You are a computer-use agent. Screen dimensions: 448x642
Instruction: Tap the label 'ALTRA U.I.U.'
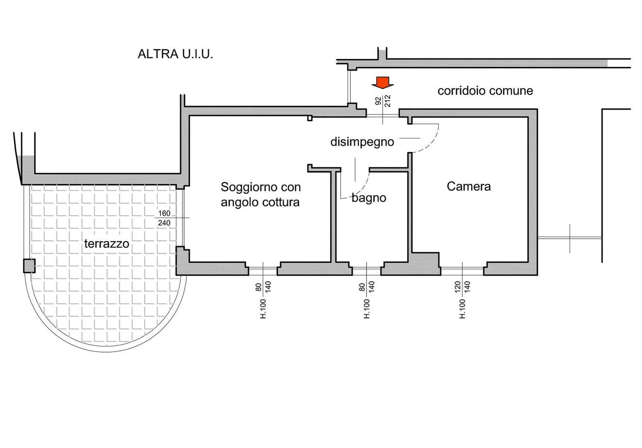pos(176,54)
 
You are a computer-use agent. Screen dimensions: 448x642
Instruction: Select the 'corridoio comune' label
pos(485,91)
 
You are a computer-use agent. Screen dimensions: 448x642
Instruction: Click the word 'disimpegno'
pos(362,142)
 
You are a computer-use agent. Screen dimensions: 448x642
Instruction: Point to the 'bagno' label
pos(369,198)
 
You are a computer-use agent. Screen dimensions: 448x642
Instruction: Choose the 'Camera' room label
pos(469,186)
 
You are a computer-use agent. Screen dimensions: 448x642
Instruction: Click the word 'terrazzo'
pos(107,243)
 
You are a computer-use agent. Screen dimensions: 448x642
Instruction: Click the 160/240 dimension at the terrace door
pos(164,218)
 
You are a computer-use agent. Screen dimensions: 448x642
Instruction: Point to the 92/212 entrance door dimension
pos(383,101)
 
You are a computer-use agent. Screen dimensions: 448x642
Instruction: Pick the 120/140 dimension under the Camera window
pos(463,286)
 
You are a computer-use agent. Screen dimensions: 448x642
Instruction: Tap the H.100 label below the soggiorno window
pos(263,309)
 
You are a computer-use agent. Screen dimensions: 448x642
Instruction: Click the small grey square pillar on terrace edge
pos(29,265)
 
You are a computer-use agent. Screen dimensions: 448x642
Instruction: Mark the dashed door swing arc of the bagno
pos(364,185)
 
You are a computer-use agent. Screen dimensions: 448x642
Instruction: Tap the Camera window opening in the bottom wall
pos(462,268)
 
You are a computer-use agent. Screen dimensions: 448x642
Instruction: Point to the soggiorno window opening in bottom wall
pos(263,268)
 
